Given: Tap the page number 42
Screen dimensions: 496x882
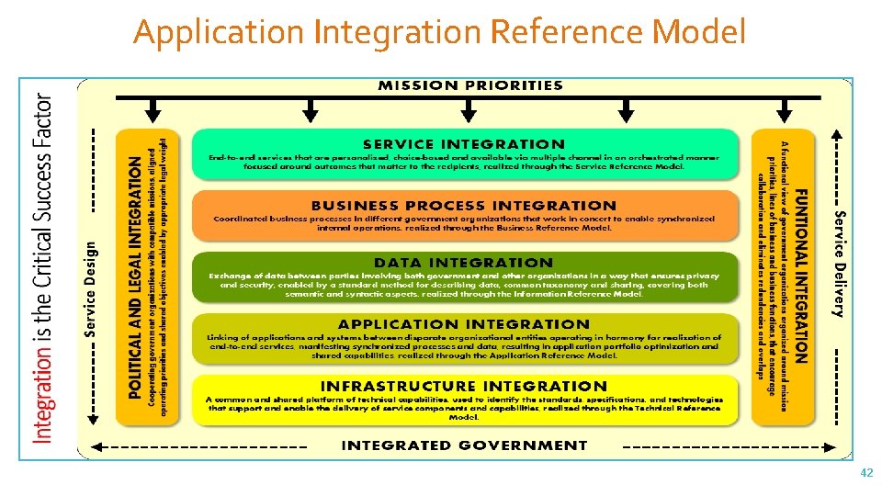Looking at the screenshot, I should (865, 472).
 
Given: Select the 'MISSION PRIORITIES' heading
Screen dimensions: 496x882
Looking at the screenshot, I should (470, 85).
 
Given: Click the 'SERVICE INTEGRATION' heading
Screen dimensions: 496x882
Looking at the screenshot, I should (464, 144).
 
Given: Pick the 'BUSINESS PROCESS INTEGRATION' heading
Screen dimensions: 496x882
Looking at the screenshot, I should (464, 206).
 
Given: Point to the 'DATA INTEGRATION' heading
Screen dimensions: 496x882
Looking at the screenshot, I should (464, 264).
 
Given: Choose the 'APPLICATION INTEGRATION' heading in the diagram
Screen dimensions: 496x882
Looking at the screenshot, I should (464, 324).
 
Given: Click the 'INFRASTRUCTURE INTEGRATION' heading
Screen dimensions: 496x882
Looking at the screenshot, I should (464, 386).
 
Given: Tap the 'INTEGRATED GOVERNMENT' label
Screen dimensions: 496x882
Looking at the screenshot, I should (464, 445).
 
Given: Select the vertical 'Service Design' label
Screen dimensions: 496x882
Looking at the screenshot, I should (90, 289).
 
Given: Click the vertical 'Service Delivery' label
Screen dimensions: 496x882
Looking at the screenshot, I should (838, 263).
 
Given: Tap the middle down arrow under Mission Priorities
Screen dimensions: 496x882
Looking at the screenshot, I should (469, 111).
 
